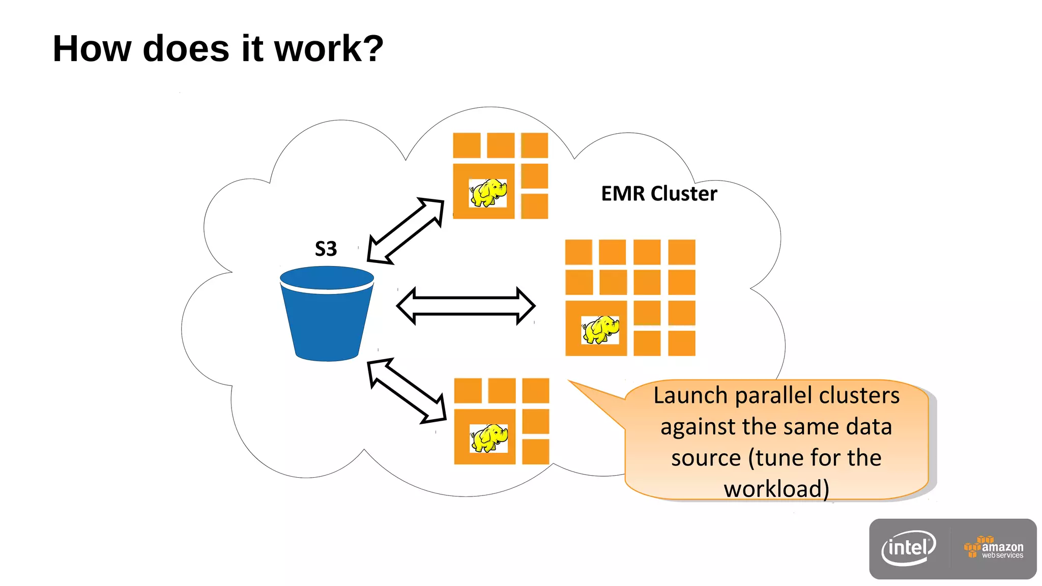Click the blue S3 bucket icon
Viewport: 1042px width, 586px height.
point(327,315)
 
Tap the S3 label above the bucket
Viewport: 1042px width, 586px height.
point(326,249)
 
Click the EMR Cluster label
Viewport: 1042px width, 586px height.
point(659,194)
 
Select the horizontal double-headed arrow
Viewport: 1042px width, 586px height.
point(466,306)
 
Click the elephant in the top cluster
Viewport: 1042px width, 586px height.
point(488,193)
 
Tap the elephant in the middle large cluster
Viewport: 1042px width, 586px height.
point(600,330)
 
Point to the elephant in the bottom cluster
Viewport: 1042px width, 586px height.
point(489,438)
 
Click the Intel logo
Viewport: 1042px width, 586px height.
point(909,548)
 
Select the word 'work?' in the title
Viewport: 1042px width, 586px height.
point(329,49)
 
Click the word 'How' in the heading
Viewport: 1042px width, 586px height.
point(92,49)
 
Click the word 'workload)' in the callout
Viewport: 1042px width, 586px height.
point(776,489)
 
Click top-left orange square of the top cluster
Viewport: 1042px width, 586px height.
point(467,145)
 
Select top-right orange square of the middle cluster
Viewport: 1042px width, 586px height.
point(682,252)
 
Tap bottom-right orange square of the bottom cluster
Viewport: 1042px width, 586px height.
point(536,452)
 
